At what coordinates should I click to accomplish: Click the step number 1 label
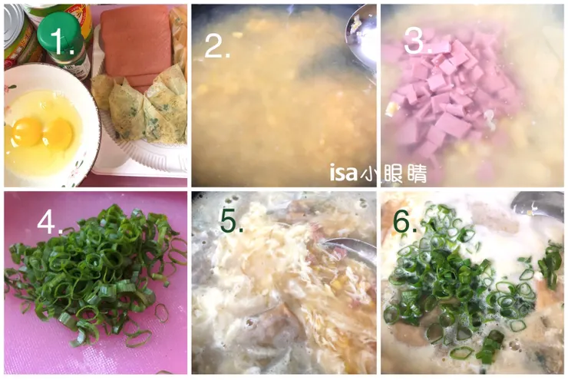[x=61, y=40]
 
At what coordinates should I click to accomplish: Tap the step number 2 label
[x=217, y=45]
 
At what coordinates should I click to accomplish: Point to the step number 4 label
[x=50, y=221]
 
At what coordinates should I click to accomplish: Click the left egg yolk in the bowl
[x=27, y=132]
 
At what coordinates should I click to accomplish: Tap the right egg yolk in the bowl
[x=58, y=134]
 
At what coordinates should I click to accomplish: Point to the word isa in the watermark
[x=343, y=173]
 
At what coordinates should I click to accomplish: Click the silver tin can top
[x=12, y=25]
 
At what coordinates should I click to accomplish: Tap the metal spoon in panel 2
[x=361, y=38]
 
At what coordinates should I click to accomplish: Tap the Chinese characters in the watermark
[x=394, y=173]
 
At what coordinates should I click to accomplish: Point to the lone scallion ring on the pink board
[x=162, y=312]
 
